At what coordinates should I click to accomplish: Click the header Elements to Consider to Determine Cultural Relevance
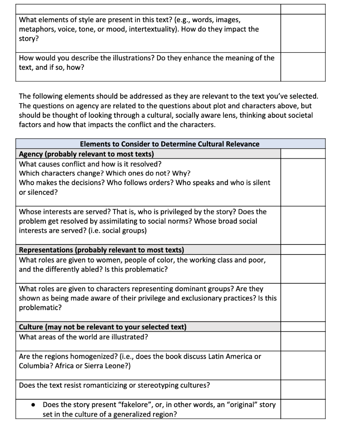170,144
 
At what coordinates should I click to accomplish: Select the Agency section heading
86,154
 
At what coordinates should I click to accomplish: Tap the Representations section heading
101,250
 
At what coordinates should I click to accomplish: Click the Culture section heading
103,327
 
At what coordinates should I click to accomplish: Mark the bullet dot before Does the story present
33,405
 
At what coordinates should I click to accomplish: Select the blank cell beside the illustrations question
302,67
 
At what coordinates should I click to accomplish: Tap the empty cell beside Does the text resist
302,390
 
